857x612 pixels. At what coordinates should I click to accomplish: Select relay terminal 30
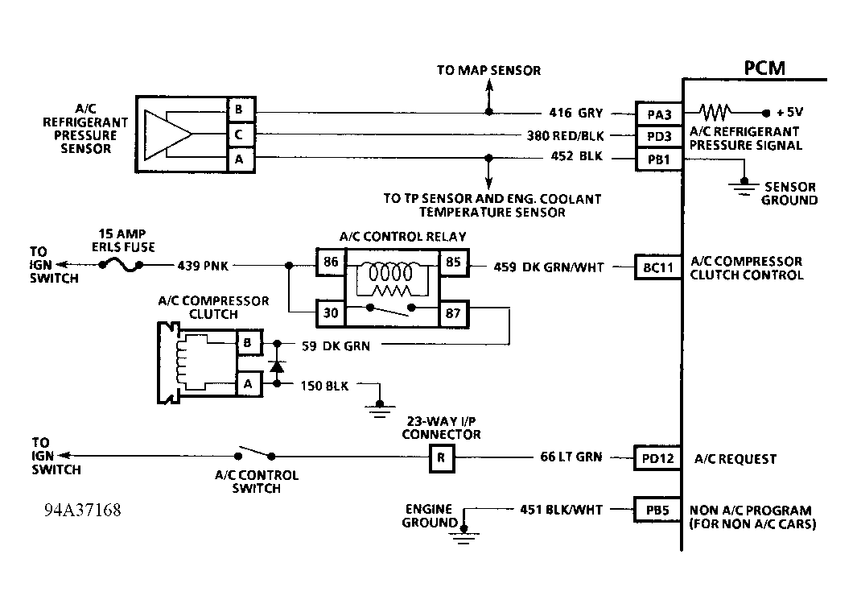330,313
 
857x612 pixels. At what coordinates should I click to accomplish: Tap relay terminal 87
453,313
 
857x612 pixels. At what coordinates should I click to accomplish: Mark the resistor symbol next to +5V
716,113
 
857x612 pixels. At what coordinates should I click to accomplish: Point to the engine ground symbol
463,533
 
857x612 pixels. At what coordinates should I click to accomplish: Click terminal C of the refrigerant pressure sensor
240,135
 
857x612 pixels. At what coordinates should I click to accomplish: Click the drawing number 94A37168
83,511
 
